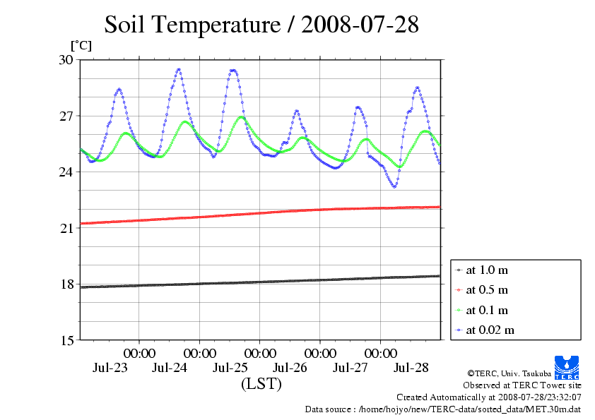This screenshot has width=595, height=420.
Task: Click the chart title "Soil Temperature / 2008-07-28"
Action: click(x=261, y=25)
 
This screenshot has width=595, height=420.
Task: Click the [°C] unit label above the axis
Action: click(x=81, y=45)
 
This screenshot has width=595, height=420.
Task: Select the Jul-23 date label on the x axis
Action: click(x=110, y=368)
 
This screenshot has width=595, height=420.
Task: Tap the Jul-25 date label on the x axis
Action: click(x=230, y=368)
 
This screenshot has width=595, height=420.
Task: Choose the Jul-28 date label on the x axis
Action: click(x=411, y=368)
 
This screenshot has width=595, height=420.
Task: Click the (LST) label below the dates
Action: click(x=261, y=385)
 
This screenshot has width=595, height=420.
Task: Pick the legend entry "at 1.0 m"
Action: click(x=487, y=270)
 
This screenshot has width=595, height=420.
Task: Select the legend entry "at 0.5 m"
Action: click(x=487, y=290)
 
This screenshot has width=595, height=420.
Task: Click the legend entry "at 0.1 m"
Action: click(x=487, y=310)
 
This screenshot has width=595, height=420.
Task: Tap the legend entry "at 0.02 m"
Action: click(x=490, y=330)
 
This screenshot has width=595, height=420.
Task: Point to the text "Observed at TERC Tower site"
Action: click(x=522, y=385)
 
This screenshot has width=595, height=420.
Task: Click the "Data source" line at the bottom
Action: click(x=443, y=409)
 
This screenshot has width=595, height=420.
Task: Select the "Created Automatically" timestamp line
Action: click(x=488, y=397)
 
